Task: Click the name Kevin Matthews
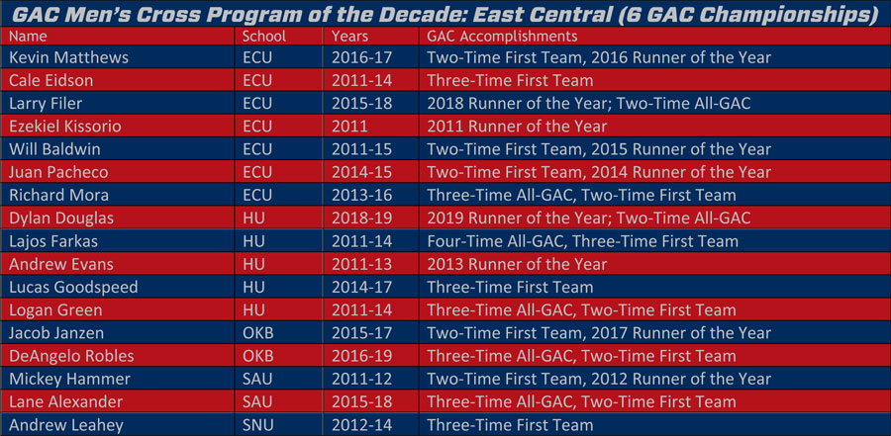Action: click(x=68, y=58)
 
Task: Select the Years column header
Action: click(x=350, y=37)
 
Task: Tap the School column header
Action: click(x=264, y=37)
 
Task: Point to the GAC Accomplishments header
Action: click(x=502, y=37)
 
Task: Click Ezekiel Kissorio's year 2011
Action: click(x=348, y=126)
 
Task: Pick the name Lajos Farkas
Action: click(x=53, y=241)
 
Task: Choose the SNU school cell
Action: click(x=257, y=425)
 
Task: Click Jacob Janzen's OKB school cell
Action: click(x=258, y=332)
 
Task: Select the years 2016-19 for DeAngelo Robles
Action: click(x=362, y=356)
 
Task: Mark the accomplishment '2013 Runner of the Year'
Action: click(x=517, y=264)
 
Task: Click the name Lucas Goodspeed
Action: click(x=73, y=288)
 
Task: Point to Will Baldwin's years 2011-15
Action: click(x=362, y=149)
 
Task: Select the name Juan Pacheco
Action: click(x=58, y=172)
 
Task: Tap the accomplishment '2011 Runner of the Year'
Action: click(x=517, y=126)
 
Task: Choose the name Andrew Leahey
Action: click(x=66, y=425)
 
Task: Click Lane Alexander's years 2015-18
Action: click(x=362, y=402)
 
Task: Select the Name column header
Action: click(x=28, y=37)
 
